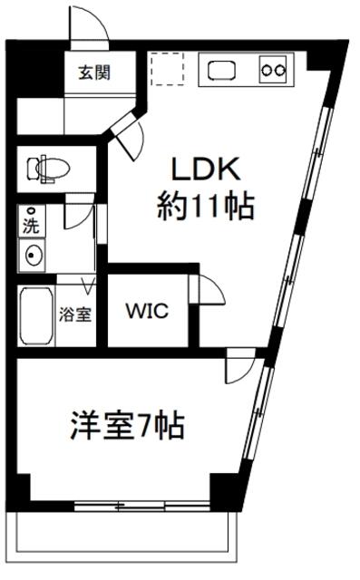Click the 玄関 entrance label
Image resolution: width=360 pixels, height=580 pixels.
(94, 72)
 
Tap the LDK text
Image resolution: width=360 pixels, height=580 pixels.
(206, 169)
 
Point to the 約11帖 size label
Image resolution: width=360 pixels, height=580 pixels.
(206, 207)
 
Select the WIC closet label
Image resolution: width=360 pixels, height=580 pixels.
(147, 311)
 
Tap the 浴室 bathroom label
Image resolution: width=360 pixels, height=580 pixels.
(74, 314)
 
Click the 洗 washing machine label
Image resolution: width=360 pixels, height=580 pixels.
(31, 226)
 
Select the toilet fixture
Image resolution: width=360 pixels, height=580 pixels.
(48, 169)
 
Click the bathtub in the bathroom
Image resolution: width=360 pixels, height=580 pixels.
(36, 316)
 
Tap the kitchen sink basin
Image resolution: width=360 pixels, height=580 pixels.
(222, 71)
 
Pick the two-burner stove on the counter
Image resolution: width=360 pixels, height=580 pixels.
(273, 69)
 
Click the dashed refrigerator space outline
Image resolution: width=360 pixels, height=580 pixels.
(167, 69)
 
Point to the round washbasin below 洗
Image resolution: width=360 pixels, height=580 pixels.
(32, 256)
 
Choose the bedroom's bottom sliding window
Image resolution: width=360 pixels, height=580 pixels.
(142, 506)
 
